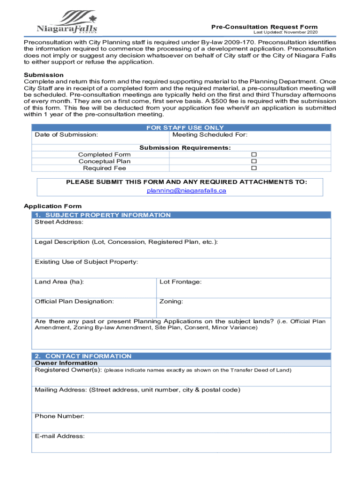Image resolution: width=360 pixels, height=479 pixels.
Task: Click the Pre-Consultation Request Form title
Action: pyautogui.click(x=264, y=27)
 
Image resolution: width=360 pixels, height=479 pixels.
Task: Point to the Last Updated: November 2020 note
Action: pyautogui.click(x=285, y=32)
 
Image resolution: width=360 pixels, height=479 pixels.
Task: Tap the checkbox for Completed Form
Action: pyautogui.click(x=254, y=155)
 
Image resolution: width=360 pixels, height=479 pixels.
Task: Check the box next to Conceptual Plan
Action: pyautogui.click(x=254, y=161)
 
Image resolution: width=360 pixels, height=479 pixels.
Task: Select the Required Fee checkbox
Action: pyautogui.click(x=254, y=168)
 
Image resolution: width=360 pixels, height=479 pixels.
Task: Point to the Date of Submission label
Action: pyautogui.click(x=66, y=135)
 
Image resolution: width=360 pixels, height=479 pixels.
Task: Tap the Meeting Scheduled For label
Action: pyautogui.click(x=210, y=135)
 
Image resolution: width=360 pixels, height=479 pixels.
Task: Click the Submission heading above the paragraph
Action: pyautogui.click(x=43, y=75)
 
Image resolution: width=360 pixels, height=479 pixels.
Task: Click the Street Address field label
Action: pyautogui.click(x=59, y=222)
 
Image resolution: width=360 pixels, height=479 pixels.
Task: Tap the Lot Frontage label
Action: pyautogui.click(x=180, y=282)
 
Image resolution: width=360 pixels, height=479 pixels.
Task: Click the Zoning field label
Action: pyautogui.click(x=171, y=301)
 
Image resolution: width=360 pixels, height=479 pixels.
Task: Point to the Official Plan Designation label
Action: pyautogui.click(x=74, y=301)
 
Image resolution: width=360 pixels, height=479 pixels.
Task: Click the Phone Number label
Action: pyautogui.click(x=59, y=416)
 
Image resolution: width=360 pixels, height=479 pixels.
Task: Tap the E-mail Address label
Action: pyautogui.click(x=60, y=436)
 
